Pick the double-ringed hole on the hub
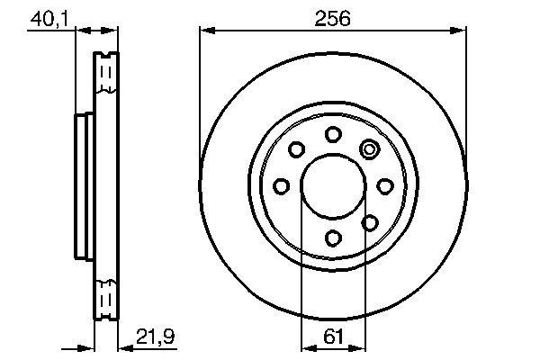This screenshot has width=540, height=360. (x=369, y=149)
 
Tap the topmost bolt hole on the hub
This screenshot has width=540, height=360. (x=332, y=134)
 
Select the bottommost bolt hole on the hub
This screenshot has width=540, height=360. (x=332, y=238)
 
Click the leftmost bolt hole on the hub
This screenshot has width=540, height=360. (x=281, y=186)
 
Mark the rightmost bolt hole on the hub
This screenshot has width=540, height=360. (x=384, y=185)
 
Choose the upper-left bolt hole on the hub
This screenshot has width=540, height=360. (x=296, y=149)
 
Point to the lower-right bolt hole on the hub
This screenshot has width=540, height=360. (x=369, y=222)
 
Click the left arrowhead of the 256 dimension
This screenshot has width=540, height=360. (x=204, y=31)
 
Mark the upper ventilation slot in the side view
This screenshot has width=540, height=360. (x=106, y=76)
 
